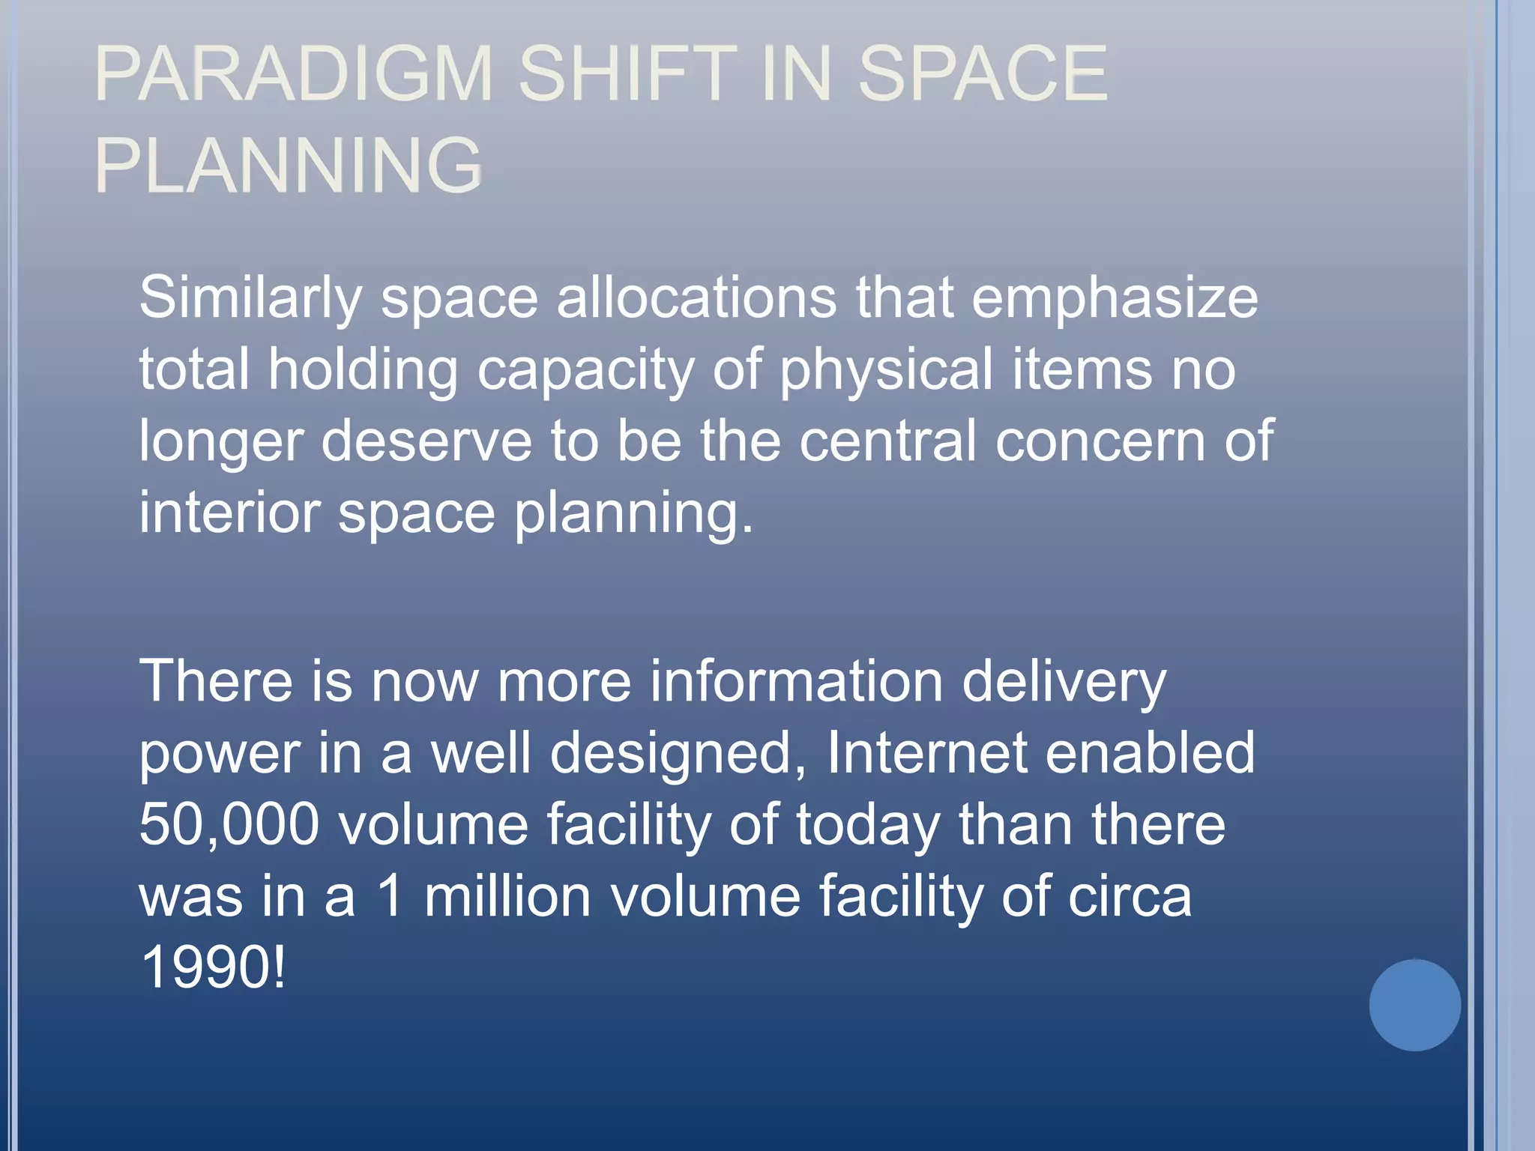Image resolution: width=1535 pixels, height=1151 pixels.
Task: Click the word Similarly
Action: coord(250,298)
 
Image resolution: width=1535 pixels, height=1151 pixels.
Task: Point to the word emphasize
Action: coord(1115,298)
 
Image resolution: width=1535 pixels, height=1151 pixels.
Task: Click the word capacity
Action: coord(585,370)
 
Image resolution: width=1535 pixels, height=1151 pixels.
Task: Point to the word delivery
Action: coord(1064,682)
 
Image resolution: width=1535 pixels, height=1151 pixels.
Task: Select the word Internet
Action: coord(926,752)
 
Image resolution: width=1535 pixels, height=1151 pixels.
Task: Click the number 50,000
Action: coord(229,824)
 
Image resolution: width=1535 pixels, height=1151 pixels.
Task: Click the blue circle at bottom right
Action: coord(1414,1005)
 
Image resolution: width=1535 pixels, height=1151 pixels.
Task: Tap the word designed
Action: coord(678,754)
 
